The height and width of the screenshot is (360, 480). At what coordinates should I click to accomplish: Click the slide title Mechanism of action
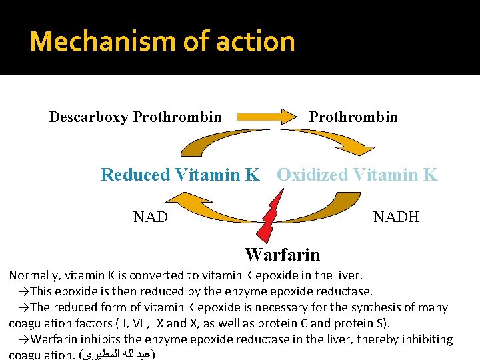click(x=162, y=41)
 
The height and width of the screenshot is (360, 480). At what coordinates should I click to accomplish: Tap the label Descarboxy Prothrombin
click(x=135, y=117)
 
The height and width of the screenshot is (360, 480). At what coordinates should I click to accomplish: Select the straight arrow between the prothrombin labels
click(x=265, y=116)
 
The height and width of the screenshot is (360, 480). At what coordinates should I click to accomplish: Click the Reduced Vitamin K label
click(x=180, y=175)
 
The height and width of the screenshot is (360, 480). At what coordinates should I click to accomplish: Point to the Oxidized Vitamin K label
click(x=357, y=175)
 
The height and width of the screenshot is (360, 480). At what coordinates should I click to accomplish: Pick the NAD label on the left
click(x=151, y=217)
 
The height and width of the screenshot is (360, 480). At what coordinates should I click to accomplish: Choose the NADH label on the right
click(x=396, y=217)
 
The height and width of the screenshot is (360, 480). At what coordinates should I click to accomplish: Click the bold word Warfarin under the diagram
click(x=282, y=255)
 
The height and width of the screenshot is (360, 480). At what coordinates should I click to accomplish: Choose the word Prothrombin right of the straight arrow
click(x=353, y=117)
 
